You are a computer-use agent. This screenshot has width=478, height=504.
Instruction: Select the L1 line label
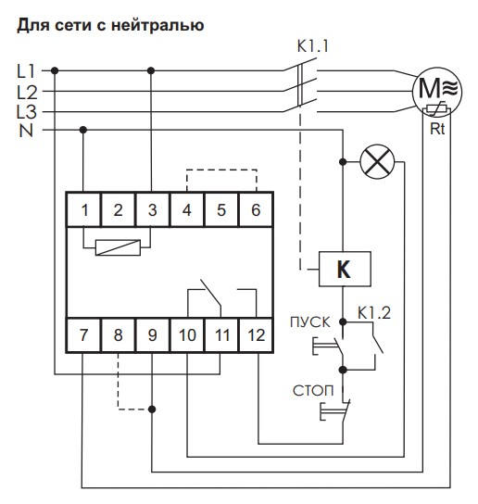pyautogui.click(x=27, y=69)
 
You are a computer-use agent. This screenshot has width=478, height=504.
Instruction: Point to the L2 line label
pyautogui.click(x=27, y=91)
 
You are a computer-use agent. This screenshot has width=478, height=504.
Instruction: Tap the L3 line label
pyautogui.click(x=27, y=110)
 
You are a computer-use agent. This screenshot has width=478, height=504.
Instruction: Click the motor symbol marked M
pyautogui.click(x=432, y=89)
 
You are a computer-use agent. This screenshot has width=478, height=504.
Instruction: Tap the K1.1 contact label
pyautogui.click(x=313, y=44)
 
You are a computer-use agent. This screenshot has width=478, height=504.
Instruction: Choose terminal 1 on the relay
pyautogui.click(x=84, y=210)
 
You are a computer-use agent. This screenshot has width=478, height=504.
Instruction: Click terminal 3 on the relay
pyautogui.click(x=152, y=210)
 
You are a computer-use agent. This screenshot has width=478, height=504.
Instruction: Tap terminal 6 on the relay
pyautogui.click(x=255, y=210)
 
